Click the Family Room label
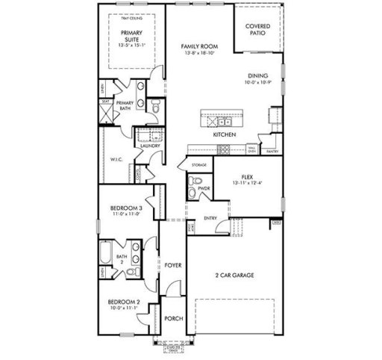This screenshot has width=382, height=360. [x=198, y=46]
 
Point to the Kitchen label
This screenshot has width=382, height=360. [x=224, y=135]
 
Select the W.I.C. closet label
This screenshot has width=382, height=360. [x=116, y=159]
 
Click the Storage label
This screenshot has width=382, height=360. [x=198, y=164]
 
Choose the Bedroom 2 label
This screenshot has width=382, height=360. [x=124, y=305]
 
